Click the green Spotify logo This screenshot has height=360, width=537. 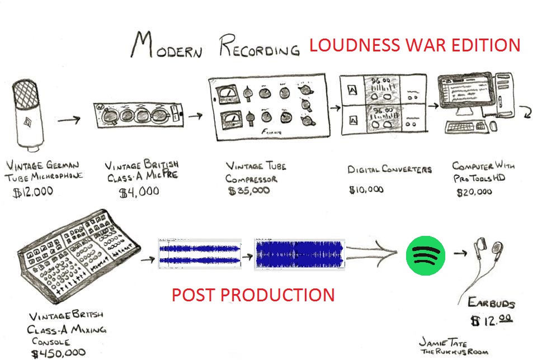tap(425, 254)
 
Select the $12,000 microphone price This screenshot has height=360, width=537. tap(34, 191)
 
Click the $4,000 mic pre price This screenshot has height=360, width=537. tap(139, 192)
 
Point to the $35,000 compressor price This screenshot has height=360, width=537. tap(249, 191)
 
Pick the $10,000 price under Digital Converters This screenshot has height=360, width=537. tap(366, 190)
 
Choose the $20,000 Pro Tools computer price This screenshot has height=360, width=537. tap(474, 192)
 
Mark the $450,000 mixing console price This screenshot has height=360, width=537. tap(59, 353)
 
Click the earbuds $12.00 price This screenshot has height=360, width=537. tap(491, 320)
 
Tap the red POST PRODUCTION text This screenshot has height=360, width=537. tap(253, 295)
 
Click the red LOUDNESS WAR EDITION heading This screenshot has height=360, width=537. tap(414, 45)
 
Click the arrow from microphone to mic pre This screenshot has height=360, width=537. tap(69, 119)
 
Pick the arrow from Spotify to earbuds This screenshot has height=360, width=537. tap(460, 253)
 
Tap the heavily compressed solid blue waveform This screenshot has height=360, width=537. tap(299, 254)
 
